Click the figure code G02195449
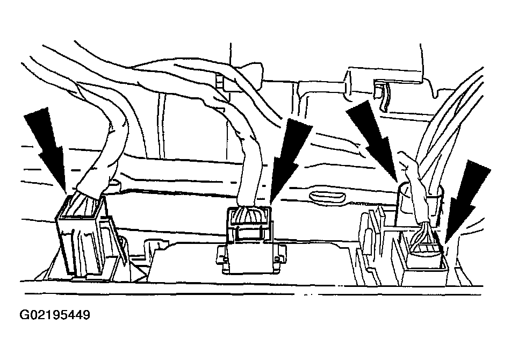click(55, 315)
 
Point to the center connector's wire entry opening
click(249, 217)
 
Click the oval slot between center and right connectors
click(326, 197)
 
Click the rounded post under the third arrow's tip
click(404, 204)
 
